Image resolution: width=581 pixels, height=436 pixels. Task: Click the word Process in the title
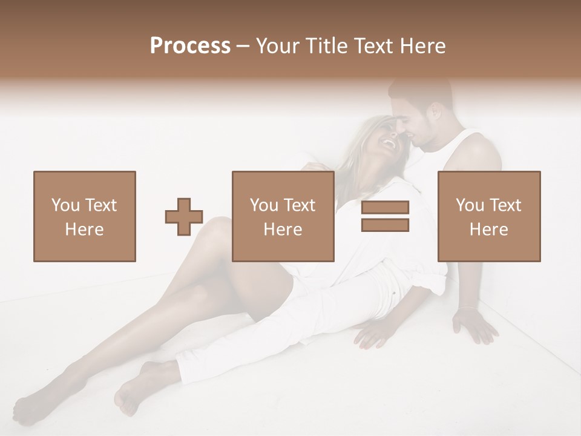tap(190, 46)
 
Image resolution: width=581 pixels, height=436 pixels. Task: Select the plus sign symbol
tap(184, 217)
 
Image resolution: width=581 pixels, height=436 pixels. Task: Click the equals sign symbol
tap(385, 216)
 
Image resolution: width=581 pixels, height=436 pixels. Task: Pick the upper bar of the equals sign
tap(385, 208)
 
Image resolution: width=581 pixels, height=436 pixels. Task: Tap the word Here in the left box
tap(84, 230)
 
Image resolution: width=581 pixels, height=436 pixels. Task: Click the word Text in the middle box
tap(300, 205)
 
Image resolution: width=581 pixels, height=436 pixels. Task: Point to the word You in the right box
tap(470, 205)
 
